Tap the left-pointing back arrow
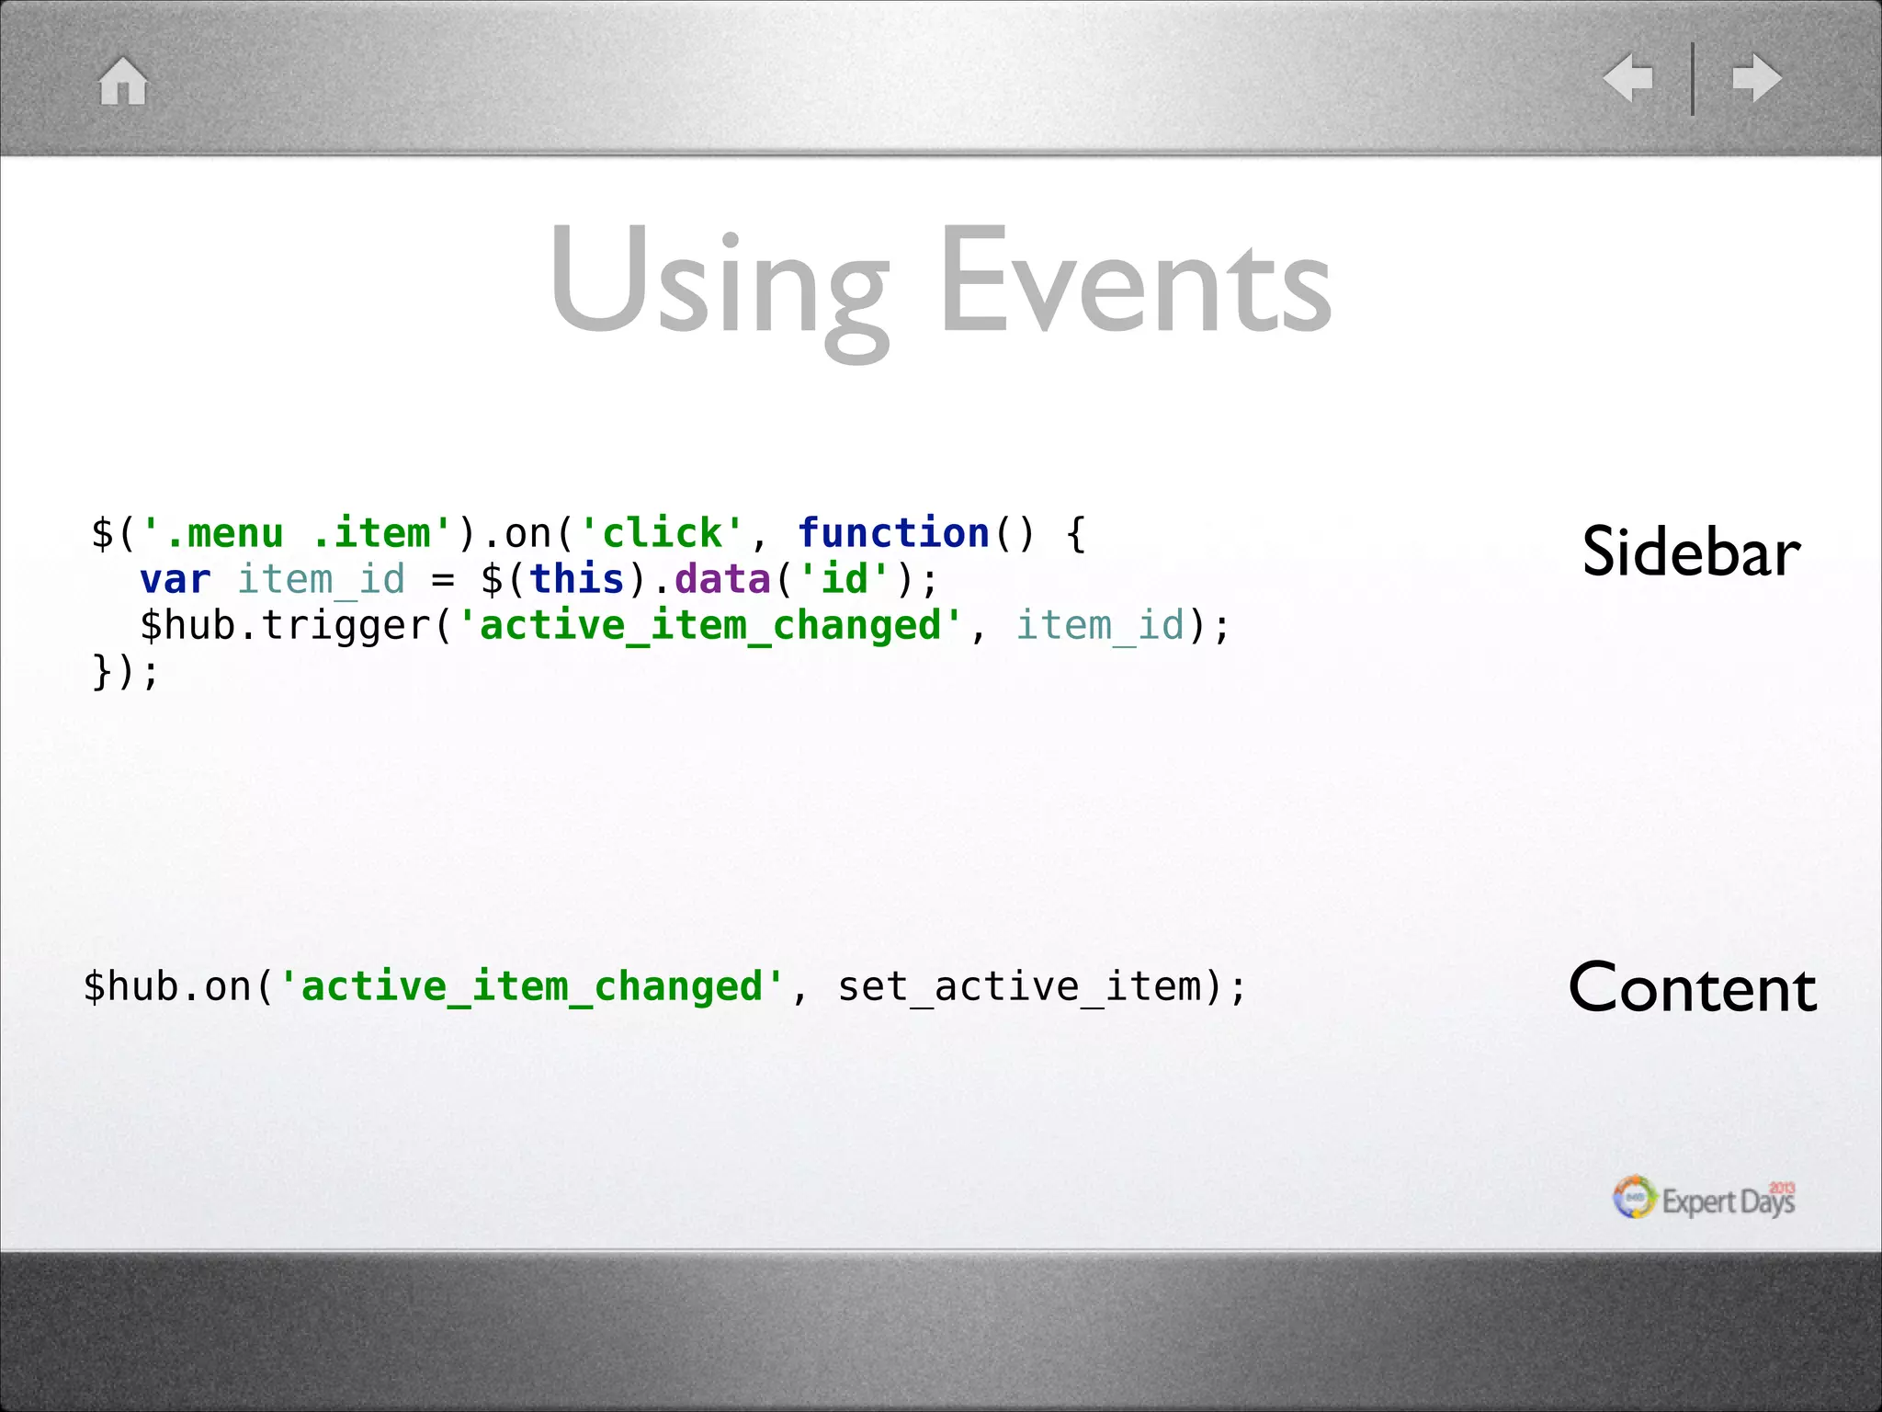1628,78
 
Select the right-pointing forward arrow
1756,78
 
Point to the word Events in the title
1135,279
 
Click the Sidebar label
1691,552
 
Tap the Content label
1692,988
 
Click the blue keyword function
893,533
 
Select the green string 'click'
662,533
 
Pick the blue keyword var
176,579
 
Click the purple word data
722,579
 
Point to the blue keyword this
577,579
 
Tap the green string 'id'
845,579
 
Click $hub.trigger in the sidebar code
285,626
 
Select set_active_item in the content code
1020,987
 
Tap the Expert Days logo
1704,1199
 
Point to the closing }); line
125,672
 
